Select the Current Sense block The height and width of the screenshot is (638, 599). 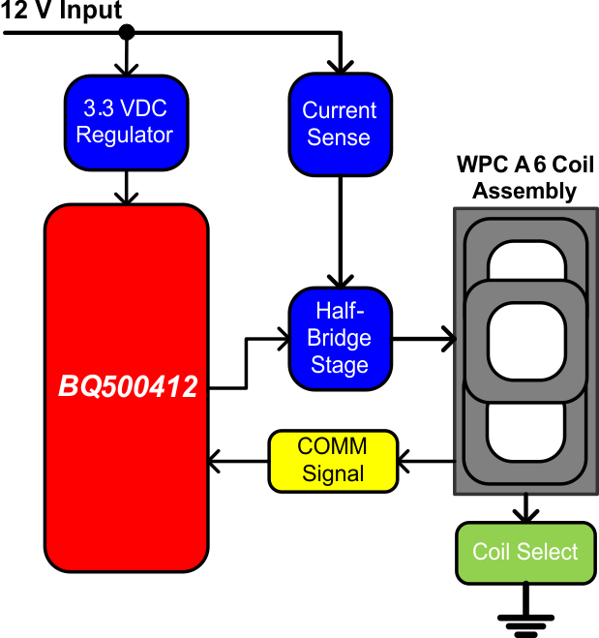(x=339, y=124)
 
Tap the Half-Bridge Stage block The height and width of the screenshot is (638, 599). (x=340, y=338)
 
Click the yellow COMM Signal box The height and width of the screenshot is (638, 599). (x=333, y=460)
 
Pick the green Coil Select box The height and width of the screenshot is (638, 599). (x=525, y=552)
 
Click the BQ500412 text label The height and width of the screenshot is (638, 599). (x=128, y=388)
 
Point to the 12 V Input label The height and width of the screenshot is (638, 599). (x=62, y=12)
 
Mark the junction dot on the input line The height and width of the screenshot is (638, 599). (x=126, y=34)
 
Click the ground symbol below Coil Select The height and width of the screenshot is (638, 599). (x=525, y=625)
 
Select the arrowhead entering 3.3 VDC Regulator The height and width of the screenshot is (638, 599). (x=126, y=69)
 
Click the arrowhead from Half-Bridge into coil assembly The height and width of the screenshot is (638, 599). (x=448, y=339)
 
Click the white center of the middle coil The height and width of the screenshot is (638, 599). (x=525, y=340)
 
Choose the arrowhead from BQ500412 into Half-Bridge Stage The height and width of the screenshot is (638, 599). (x=283, y=339)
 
